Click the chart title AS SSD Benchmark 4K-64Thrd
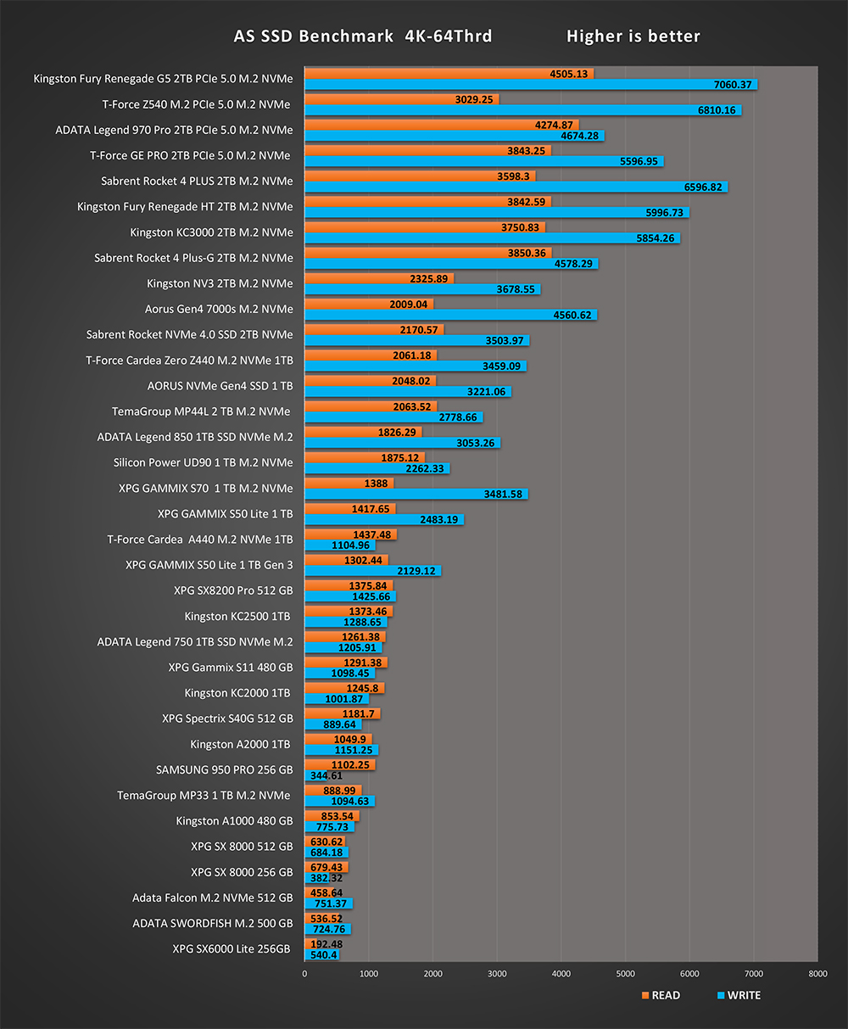(362, 36)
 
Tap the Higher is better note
(633, 36)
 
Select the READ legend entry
(661, 995)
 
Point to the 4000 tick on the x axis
(561, 974)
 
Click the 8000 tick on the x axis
(817, 974)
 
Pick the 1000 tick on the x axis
(369, 974)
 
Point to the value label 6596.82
(697, 187)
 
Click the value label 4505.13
(569, 74)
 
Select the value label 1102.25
(349, 764)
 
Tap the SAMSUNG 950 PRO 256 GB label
(224, 770)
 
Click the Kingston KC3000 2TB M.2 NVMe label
(211, 232)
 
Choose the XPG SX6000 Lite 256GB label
(232, 948)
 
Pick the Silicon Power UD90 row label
(203, 462)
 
